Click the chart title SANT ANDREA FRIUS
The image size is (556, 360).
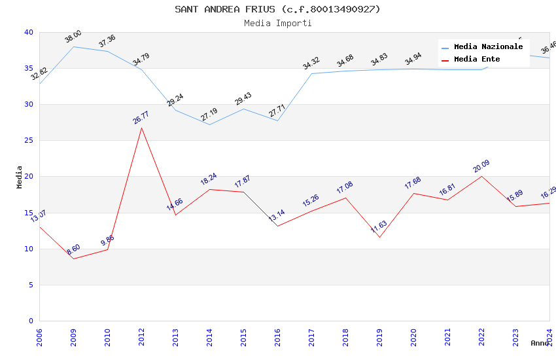point(277,9)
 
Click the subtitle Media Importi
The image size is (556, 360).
point(277,24)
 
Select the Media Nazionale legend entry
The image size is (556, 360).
point(488,47)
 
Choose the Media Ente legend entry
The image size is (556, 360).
point(477,60)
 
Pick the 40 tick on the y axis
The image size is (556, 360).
point(28,32)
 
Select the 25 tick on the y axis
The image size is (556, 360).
point(28,141)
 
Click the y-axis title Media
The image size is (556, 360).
point(20,177)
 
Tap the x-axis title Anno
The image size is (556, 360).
point(540,343)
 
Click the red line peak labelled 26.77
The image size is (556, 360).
point(141,128)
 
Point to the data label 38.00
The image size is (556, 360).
point(73,37)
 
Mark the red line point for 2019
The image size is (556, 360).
point(379,237)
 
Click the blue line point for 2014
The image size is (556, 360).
point(209,124)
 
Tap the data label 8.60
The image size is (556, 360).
point(73,249)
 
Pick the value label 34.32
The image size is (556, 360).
point(311,63)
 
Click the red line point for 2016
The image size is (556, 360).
point(277,226)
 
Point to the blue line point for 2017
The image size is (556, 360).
point(311,73)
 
